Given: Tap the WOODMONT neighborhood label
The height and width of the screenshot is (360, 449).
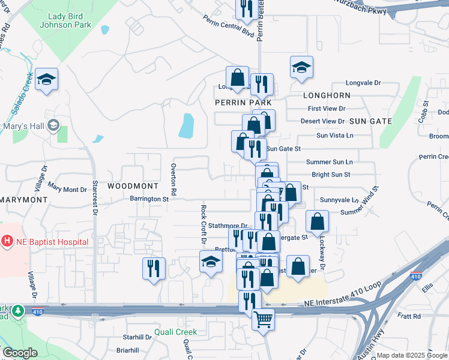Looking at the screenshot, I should point(133,186).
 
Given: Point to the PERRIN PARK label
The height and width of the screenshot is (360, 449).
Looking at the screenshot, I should point(240,103).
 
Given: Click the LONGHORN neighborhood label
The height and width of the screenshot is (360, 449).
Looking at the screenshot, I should point(327,95).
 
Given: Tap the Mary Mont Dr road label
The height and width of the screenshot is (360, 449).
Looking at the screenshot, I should point(67,189).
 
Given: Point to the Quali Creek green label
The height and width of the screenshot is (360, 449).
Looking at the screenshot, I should point(175,332).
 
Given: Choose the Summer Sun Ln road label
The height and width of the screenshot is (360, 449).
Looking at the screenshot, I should point(329,162).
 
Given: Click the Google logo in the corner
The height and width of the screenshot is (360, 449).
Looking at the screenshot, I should point(20,353).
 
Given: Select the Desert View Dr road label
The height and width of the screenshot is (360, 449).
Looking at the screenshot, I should point(323,121).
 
